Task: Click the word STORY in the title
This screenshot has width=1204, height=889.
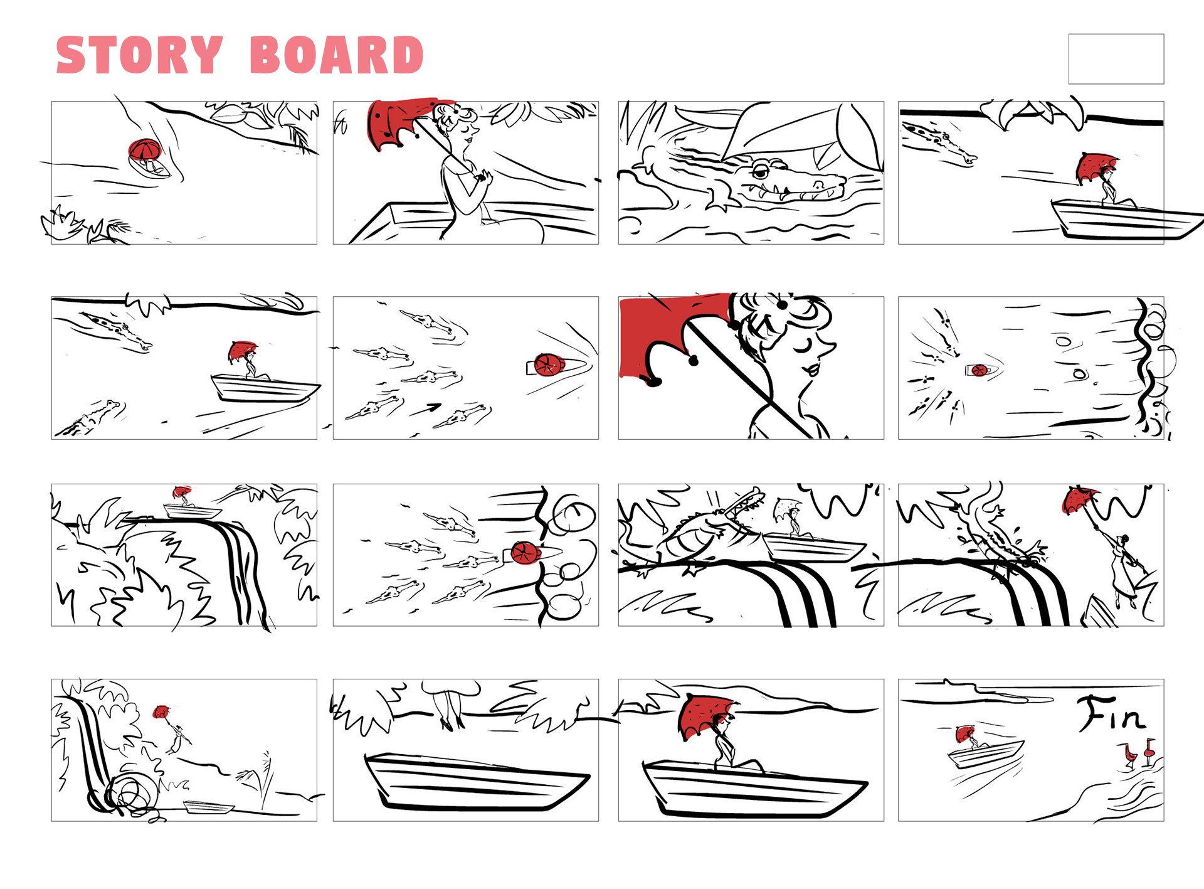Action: click(x=139, y=55)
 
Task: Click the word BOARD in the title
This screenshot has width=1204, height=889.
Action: click(x=336, y=55)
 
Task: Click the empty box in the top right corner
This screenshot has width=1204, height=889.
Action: click(x=1116, y=58)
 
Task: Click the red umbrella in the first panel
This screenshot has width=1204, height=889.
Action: click(x=145, y=149)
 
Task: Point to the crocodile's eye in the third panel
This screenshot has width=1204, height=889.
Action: click(x=760, y=170)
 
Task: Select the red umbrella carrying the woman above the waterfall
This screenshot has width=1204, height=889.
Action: click(x=1080, y=500)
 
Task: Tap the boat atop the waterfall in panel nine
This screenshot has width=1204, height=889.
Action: click(x=191, y=511)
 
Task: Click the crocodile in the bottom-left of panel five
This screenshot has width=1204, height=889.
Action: click(x=91, y=418)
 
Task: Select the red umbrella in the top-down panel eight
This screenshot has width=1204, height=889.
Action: click(x=979, y=370)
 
